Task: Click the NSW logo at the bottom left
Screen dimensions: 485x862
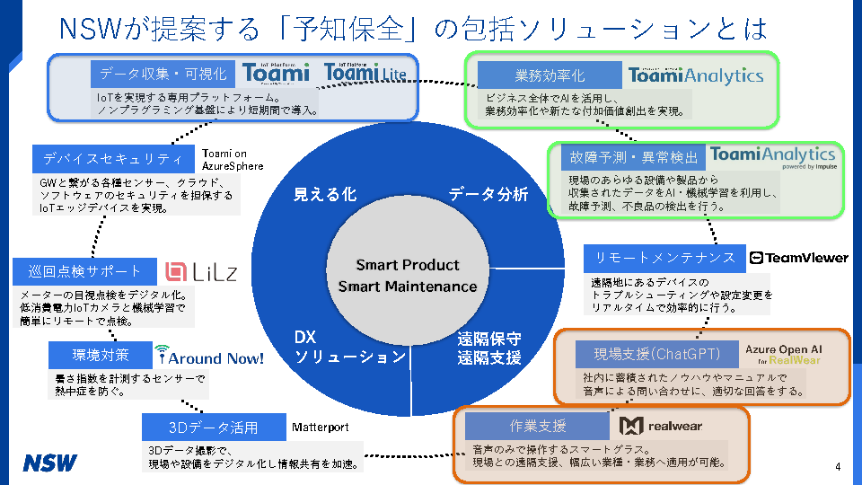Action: point(50,463)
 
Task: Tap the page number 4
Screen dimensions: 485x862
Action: point(837,466)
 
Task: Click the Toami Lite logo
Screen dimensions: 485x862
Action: point(365,73)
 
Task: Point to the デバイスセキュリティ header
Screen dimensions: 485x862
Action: point(112,159)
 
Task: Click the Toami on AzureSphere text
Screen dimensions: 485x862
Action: point(233,160)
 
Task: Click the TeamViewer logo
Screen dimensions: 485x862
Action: point(798,258)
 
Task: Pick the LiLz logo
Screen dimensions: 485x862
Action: point(201,271)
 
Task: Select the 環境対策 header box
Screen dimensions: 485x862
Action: point(100,355)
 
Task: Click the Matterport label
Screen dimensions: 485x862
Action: point(320,428)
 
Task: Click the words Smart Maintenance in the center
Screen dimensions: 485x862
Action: point(407,287)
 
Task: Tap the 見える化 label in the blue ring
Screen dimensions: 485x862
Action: point(325,194)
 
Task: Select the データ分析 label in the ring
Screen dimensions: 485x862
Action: point(488,194)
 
